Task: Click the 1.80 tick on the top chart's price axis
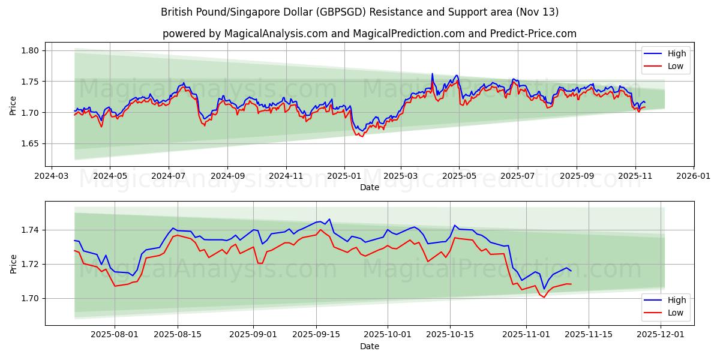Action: click(31, 50)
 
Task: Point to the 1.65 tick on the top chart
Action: click(31, 143)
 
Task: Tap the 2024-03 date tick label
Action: click(52, 177)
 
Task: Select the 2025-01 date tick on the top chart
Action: click(344, 177)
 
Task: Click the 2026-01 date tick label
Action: click(694, 177)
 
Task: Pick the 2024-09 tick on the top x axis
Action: click(227, 177)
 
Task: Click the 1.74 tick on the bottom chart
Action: click(31, 230)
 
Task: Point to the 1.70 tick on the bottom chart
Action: click(31, 298)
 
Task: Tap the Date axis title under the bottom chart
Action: click(370, 346)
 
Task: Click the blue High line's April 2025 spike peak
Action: click(432, 74)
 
